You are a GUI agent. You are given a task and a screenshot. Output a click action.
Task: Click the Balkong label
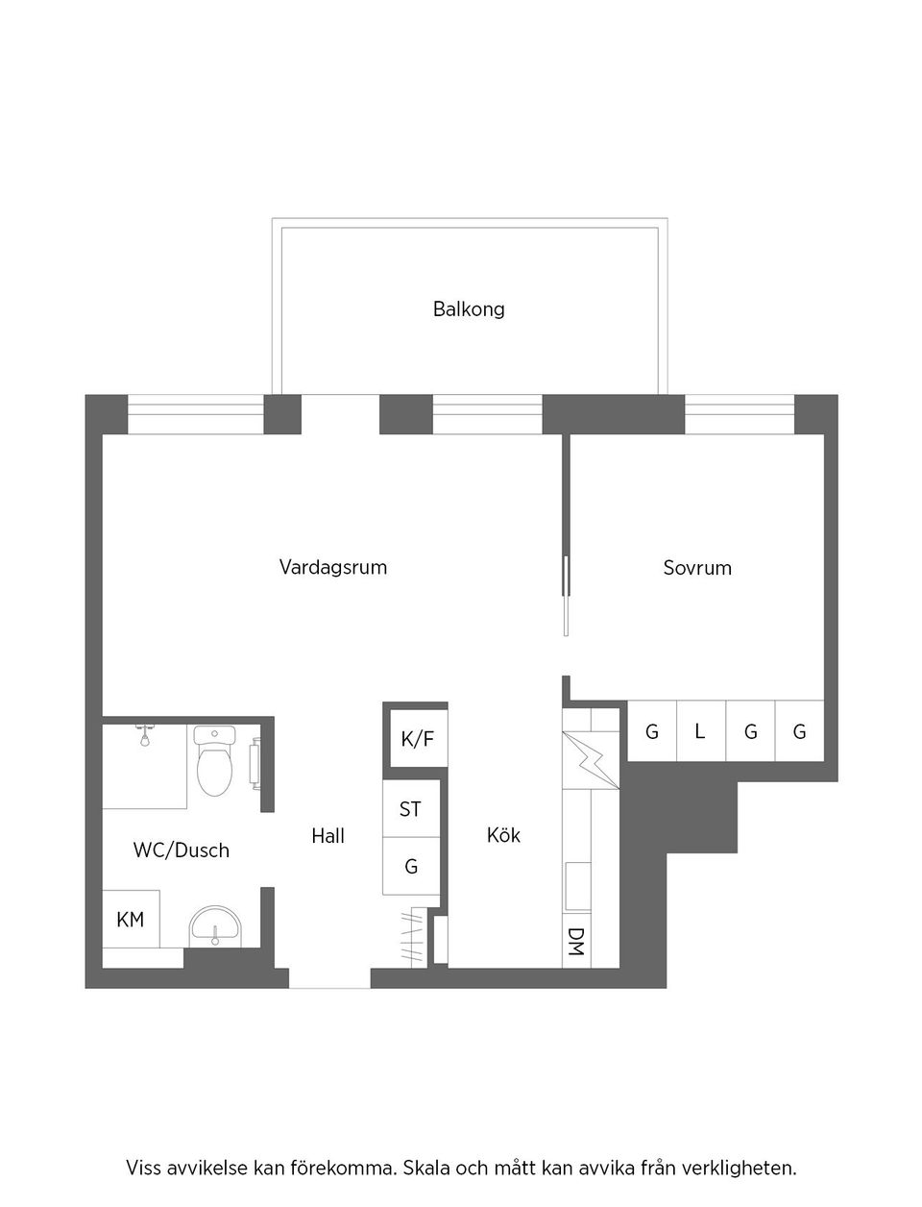[469, 309]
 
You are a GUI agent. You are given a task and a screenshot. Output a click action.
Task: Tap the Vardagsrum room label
[333, 567]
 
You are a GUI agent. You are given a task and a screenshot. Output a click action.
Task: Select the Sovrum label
[697, 568]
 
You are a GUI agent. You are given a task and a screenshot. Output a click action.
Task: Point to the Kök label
[503, 835]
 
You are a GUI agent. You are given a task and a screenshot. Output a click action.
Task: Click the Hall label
[328, 836]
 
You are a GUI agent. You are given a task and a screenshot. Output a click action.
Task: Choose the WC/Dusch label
[182, 850]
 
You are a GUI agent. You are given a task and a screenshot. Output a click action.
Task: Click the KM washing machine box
[131, 920]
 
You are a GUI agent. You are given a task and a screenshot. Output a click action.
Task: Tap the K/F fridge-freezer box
[417, 739]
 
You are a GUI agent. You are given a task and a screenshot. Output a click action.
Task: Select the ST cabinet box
[411, 809]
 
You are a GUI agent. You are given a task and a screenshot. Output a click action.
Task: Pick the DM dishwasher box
[576, 942]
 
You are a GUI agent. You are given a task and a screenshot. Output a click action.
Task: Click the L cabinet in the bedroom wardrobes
[700, 731]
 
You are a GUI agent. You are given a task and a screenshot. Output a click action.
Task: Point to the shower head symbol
[145, 735]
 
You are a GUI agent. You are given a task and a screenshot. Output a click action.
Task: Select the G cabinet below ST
[411, 867]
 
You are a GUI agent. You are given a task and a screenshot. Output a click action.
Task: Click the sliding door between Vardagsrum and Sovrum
[567, 596]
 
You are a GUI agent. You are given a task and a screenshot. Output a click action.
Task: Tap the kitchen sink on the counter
[577, 884]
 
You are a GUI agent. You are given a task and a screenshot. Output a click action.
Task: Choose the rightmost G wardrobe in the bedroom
[799, 731]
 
